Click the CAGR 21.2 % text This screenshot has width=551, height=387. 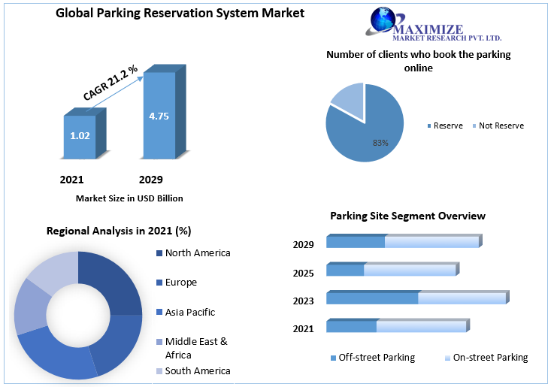(x=111, y=83)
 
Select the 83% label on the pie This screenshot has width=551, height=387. (x=380, y=142)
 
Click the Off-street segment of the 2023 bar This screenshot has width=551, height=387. (x=372, y=298)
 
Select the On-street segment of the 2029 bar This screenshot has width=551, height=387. (x=431, y=242)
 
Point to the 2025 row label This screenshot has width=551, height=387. (x=304, y=273)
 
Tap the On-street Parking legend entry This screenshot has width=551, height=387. (x=489, y=358)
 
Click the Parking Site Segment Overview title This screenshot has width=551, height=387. (x=407, y=216)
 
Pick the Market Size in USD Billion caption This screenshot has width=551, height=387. (x=129, y=198)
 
